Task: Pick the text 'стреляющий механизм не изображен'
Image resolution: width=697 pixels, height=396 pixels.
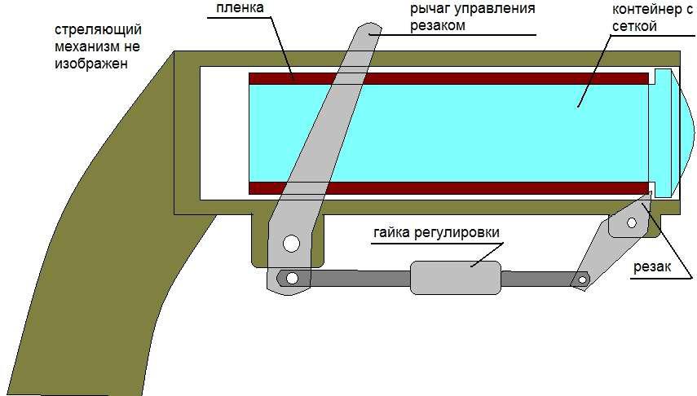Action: [x=91, y=46]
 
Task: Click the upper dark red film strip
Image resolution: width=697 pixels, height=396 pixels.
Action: [x=448, y=78]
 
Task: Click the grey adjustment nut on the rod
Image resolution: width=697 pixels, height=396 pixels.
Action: [x=455, y=277]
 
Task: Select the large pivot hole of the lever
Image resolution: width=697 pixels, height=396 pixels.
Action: [x=291, y=243]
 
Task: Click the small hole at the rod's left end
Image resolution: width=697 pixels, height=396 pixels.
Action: [x=291, y=278]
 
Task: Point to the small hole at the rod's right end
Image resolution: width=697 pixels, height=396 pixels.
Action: [x=582, y=279]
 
